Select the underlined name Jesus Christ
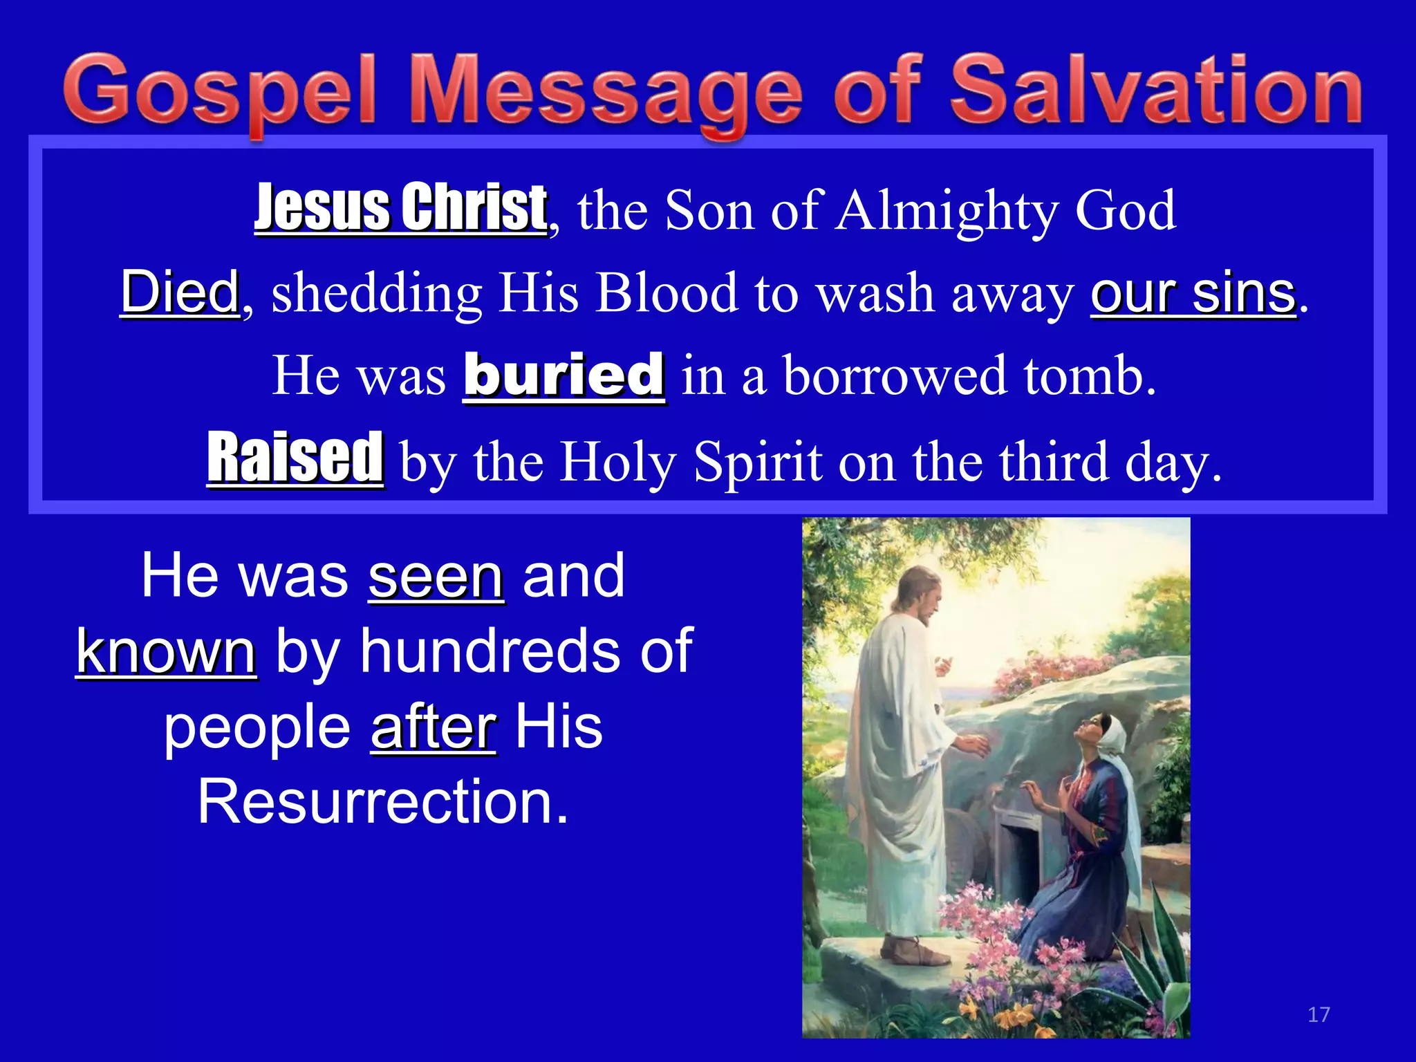click(x=401, y=207)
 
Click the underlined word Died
click(x=180, y=292)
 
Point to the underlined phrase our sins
click(x=1193, y=292)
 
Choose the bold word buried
click(x=564, y=375)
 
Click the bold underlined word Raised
click(x=295, y=458)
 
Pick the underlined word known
click(x=166, y=651)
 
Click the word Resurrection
click(x=383, y=802)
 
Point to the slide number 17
click(x=1319, y=1014)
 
